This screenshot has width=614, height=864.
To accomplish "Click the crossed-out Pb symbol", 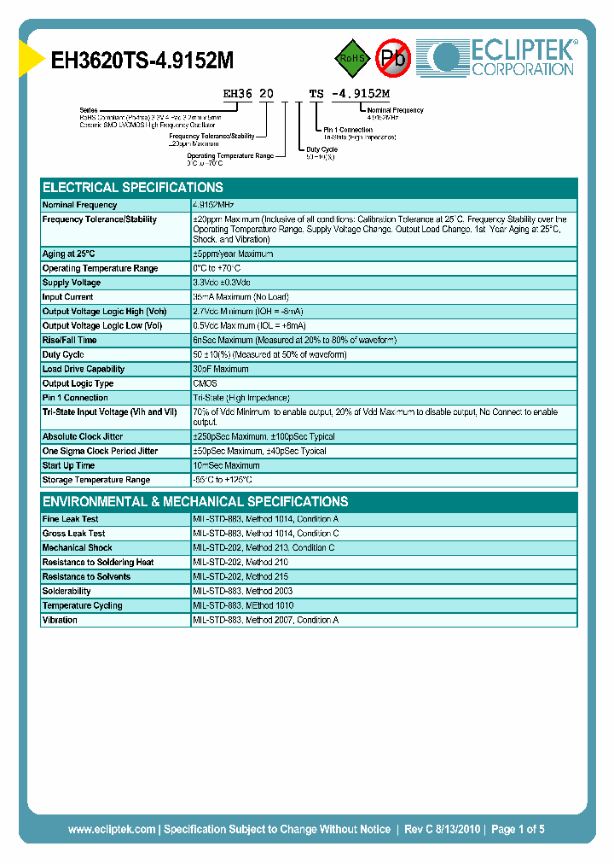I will click(x=394, y=58).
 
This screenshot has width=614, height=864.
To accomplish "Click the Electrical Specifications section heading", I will click(x=133, y=188).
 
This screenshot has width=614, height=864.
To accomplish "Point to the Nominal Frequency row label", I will click(x=80, y=205).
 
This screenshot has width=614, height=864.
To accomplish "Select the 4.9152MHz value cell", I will click(x=213, y=205).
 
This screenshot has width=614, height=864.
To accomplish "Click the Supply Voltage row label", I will click(x=72, y=283).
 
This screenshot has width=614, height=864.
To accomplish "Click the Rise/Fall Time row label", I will click(x=70, y=340).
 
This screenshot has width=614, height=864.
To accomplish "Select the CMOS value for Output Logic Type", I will click(x=205, y=383).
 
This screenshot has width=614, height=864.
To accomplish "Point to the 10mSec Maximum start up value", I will click(x=226, y=465).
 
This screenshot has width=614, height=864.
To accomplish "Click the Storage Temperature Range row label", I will click(x=96, y=480).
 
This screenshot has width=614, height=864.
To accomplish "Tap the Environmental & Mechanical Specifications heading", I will click(x=195, y=502).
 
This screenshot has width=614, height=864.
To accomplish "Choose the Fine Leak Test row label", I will click(x=71, y=519).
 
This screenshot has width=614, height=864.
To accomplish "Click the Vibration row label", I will click(x=60, y=620).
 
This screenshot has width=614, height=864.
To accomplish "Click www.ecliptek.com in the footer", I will click(x=112, y=829).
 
